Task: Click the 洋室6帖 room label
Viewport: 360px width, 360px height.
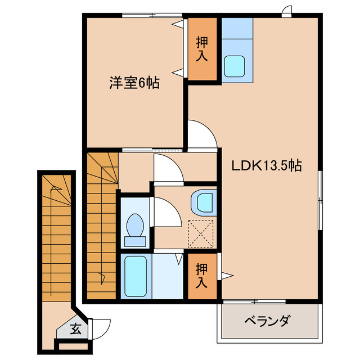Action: click(134, 83)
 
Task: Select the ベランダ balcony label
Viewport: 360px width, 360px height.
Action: click(267, 322)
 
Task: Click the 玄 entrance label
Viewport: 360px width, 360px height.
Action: click(75, 328)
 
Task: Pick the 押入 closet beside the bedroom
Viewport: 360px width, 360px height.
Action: click(202, 49)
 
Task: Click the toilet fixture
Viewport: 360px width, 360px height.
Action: click(135, 229)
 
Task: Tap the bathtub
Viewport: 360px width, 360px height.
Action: click(136, 276)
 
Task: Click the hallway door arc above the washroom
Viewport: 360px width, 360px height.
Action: click(166, 169)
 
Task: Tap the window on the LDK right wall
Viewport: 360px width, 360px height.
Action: click(321, 200)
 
